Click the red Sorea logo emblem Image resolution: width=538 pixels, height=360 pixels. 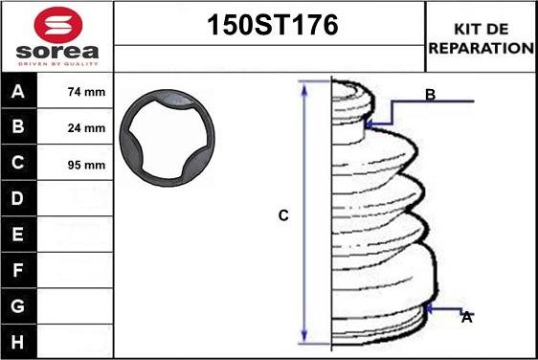point(58,24)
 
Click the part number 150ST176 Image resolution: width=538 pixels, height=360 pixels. point(273,25)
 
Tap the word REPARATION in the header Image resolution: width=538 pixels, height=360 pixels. point(482,48)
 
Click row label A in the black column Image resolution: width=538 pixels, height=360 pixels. point(18,91)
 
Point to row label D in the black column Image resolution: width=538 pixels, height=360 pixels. point(18,198)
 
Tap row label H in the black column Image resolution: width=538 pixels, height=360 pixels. point(18,342)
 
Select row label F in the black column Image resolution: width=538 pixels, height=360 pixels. point(18,270)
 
